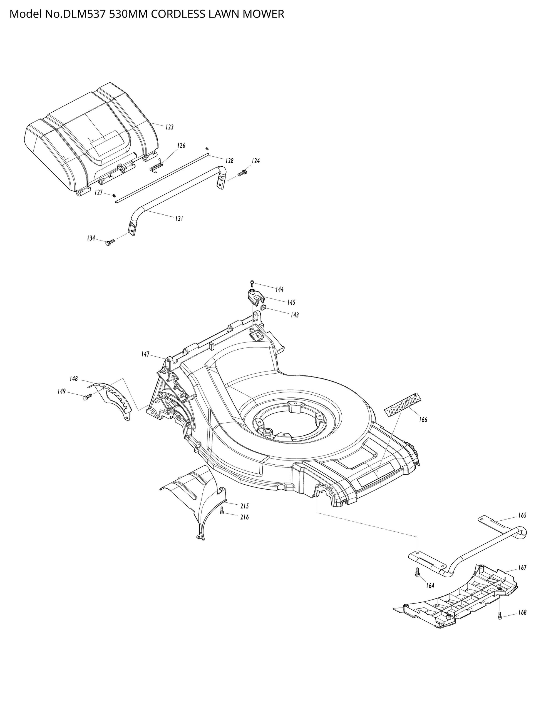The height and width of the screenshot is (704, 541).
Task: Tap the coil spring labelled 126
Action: [x=157, y=167]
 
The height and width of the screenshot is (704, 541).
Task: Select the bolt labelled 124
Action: [x=242, y=173]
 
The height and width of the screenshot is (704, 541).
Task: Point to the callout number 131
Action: [x=179, y=219]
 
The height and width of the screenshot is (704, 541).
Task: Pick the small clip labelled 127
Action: [x=114, y=195]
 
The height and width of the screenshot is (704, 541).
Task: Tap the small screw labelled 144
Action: [x=252, y=283]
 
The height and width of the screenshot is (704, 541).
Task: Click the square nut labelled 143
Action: [x=263, y=308]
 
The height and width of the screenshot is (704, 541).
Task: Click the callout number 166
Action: [x=423, y=420]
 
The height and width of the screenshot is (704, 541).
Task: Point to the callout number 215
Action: [x=244, y=506]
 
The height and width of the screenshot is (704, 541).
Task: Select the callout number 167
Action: [x=522, y=567]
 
